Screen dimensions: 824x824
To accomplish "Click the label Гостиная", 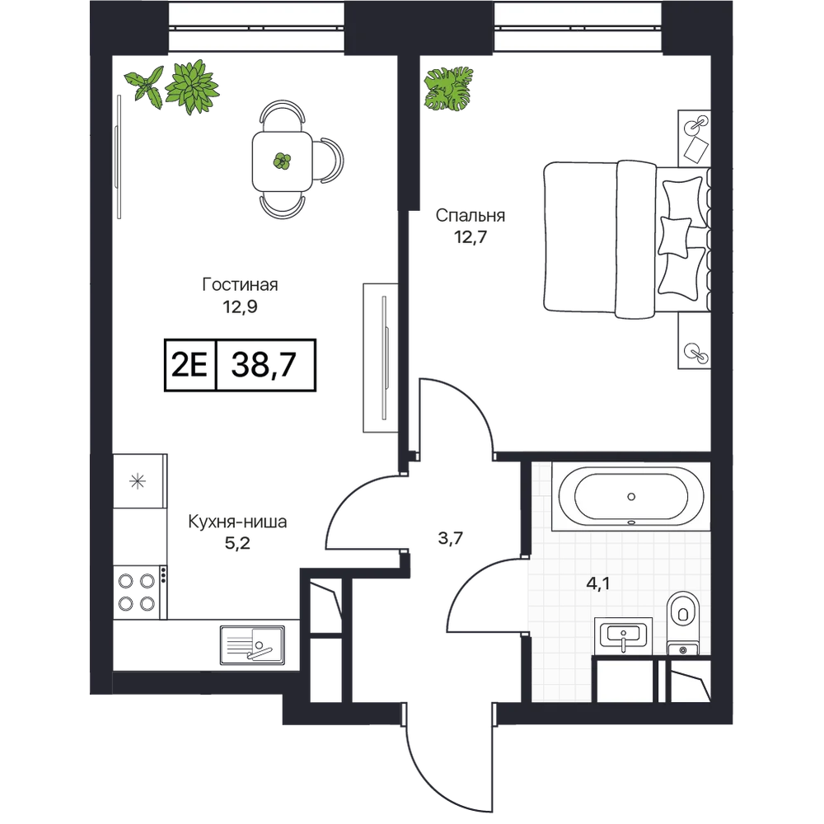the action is click(x=240, y=285).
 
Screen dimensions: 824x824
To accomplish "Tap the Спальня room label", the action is click(x=471, y=215).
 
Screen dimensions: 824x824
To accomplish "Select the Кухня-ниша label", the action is click(x=237, y=522).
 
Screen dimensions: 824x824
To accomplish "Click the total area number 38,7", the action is click(x=264, y=365).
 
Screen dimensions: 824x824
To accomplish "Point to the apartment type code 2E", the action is click(x=190, y=365).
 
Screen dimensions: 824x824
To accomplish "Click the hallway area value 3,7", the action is click(x=451, y=538).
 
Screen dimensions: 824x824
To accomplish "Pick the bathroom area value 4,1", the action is click(x=598, y=583).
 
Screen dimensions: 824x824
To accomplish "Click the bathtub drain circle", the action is click(x=631, y=497).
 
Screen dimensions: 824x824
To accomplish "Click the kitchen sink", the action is click(x=253, y=645).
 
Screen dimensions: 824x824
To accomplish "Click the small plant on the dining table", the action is click(x=282, y=161).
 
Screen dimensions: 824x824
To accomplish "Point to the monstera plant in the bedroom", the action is click(x=449, y=89).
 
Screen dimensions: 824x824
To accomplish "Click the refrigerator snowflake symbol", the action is click(x=138, y=481).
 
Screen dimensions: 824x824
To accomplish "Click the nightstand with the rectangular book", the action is click(x=694, y=138).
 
